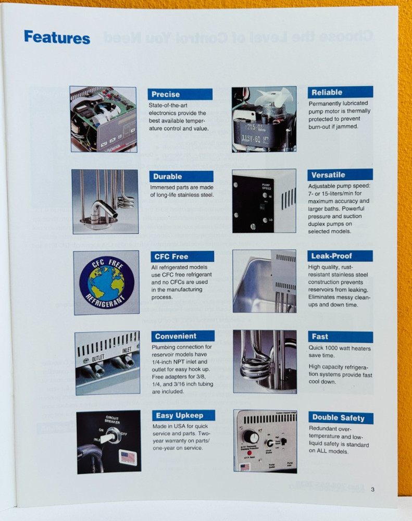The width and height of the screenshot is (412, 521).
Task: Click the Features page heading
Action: tap(57, 37)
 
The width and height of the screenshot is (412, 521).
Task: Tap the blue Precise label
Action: tap(180, 94)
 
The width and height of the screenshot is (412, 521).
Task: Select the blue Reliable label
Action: tap(340, 92)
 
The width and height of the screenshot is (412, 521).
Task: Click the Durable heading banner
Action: tap(181, 176)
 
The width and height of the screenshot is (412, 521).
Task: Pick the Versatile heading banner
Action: tap(340, 175)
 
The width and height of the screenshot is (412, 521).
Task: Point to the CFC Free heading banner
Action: tap(182, 256)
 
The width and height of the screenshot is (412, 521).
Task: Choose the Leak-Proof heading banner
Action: tap(340, 256)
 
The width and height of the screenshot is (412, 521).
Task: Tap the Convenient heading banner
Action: tap(183, 336)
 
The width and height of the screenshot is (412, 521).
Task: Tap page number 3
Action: tap(372, 489)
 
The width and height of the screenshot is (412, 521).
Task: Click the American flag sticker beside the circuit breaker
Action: tap(128, 457)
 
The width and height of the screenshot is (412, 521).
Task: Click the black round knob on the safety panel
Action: tap(251, 436)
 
